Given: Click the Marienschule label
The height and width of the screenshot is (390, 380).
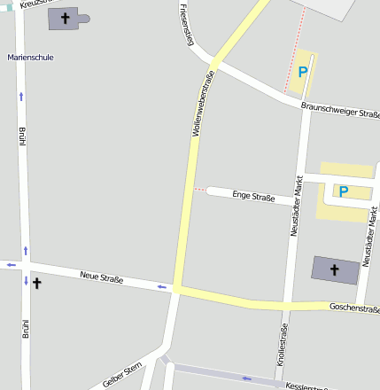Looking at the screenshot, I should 30,57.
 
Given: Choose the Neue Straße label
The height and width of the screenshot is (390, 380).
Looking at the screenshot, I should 101,277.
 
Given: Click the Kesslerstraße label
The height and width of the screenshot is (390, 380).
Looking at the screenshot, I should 306,386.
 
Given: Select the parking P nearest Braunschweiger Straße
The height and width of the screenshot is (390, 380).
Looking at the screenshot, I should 303,72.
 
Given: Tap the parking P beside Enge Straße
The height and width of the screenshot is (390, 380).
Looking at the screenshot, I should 344,191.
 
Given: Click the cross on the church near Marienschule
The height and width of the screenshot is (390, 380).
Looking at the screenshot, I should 65,18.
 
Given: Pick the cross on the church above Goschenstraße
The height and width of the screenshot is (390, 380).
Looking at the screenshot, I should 335,269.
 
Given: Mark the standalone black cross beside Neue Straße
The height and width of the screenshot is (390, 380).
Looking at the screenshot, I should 37,284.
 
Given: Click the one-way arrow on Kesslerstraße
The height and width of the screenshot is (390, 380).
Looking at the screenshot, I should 247,378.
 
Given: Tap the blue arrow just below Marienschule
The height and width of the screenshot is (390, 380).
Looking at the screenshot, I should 21,94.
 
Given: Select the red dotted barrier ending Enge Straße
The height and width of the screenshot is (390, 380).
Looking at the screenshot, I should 200,190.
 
